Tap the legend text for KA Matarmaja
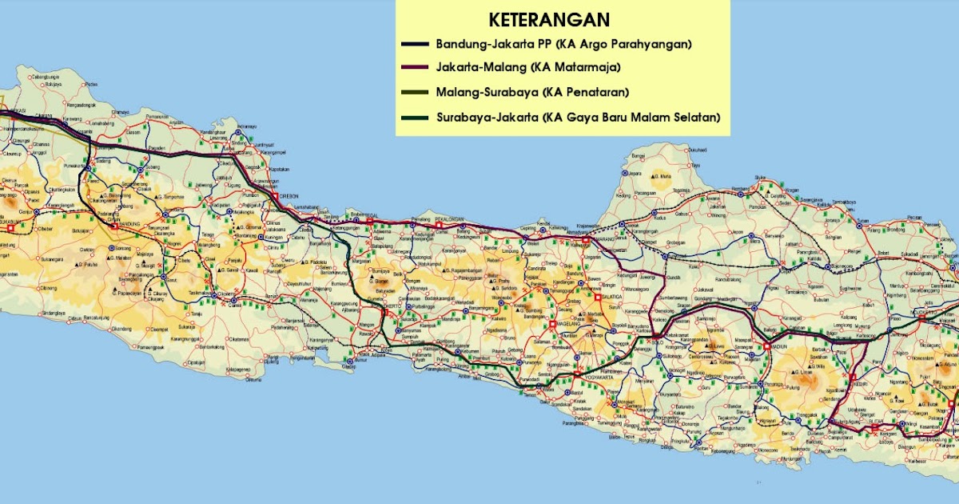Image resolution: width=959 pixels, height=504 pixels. [528, 67]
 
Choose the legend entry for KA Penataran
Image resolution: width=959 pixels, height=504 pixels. [532, 92]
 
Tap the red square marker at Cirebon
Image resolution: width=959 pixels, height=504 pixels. [273, 195]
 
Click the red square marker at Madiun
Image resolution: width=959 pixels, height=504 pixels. [766, 346]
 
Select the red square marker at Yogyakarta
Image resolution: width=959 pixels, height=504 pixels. [577, 374]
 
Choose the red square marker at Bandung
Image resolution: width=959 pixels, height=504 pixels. [114, 226]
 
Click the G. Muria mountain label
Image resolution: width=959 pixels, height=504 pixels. [660, 175]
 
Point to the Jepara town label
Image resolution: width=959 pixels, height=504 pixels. [636, 173]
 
